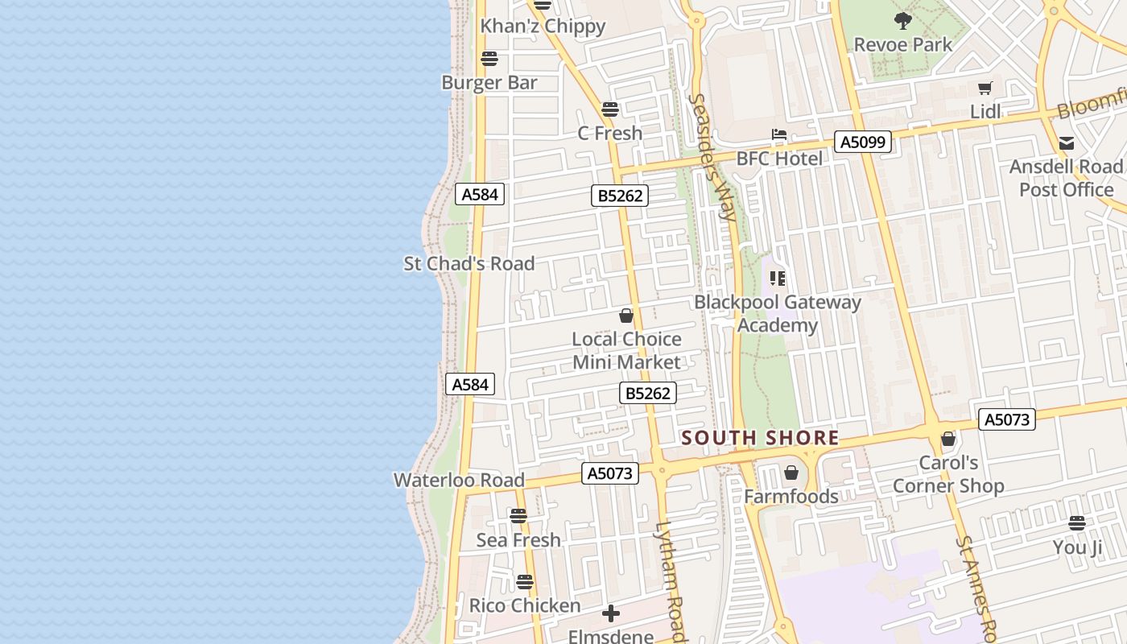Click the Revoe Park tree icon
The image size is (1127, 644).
tap(903, 20)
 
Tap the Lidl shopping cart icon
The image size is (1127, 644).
tap(985, 88)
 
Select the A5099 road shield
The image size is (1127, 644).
tap(863, 142)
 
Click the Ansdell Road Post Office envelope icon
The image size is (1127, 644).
tap(1067, 143)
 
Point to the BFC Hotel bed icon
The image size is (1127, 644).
tap(778, 134)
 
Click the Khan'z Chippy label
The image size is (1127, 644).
tap(543, 26)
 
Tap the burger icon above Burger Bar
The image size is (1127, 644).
tap(489, 59)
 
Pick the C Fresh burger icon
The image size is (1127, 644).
tap(609, 109)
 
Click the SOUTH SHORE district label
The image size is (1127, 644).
tap(760, 438)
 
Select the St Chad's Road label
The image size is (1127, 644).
tap(469, 263)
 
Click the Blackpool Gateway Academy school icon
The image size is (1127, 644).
tap(777, 279)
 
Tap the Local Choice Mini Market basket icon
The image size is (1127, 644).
tap(626, 316)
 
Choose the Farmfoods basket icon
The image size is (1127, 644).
tap(791, 473)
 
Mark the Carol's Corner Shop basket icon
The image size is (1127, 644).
tap(948, 439)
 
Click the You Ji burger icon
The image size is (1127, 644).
tap(1077, 523)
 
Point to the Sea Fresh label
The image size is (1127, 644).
tap(518, 539)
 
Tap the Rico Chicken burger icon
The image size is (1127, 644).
tap(525, 581)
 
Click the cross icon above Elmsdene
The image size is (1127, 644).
tap(611, 614)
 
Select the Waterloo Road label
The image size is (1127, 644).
tap(459, 480)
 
